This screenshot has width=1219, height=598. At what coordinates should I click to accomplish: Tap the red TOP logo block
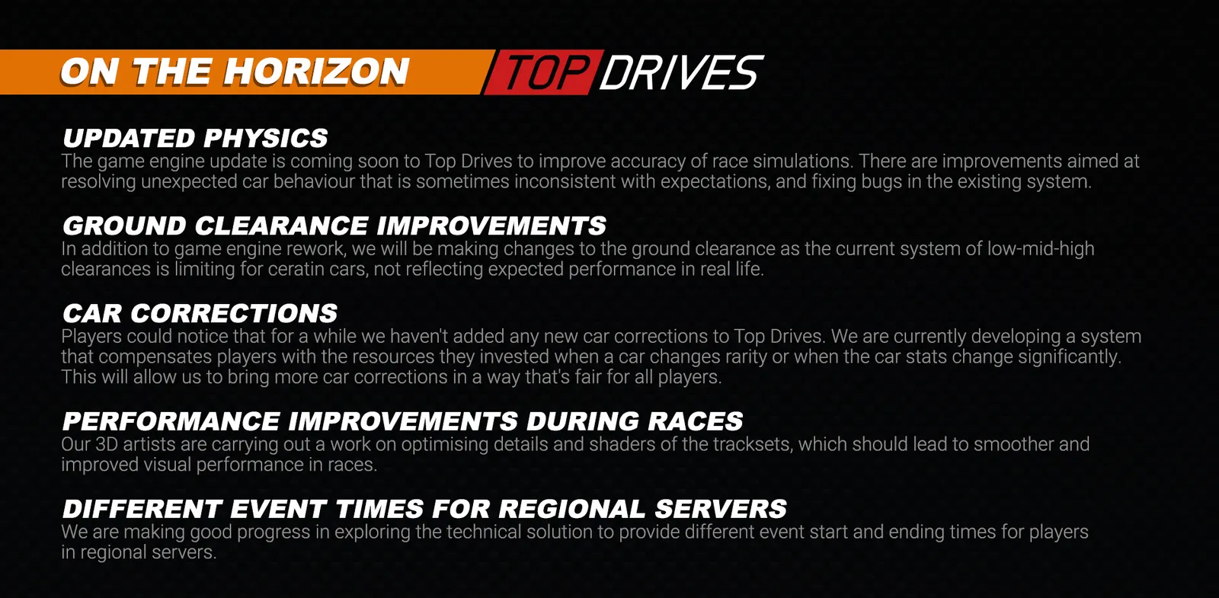pos(544,72)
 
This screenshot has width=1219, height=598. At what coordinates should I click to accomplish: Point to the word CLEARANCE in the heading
pos(281,225)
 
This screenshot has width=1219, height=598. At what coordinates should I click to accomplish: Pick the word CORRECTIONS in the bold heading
pos(233,313)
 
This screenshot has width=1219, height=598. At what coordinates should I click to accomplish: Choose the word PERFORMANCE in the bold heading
pos(171,421)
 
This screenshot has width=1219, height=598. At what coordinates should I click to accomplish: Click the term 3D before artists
pos(107,445)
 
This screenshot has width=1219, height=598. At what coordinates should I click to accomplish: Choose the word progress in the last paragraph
pos(274,532)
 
